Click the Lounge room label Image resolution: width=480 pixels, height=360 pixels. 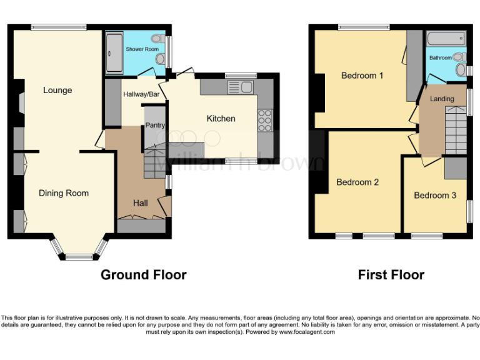tap(57, 90)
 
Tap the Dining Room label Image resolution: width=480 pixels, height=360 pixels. tap(64, 193)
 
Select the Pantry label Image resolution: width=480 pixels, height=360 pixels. tap(155, 126)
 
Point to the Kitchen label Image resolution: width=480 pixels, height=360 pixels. tap(221, 118)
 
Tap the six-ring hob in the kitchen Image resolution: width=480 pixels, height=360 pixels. tap(265, 119)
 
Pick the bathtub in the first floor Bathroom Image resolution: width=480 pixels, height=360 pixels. tap(445, 39)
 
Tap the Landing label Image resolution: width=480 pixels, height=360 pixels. tap(442, 99)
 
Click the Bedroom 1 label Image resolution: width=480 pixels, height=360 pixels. tap(362, 76)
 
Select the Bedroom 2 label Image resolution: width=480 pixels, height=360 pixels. tap(357, 182)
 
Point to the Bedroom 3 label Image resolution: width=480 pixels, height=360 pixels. tap(435, 196)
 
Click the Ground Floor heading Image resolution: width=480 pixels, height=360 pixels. tap(143, 274)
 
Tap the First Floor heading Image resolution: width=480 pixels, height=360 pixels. tap(391, 274)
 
